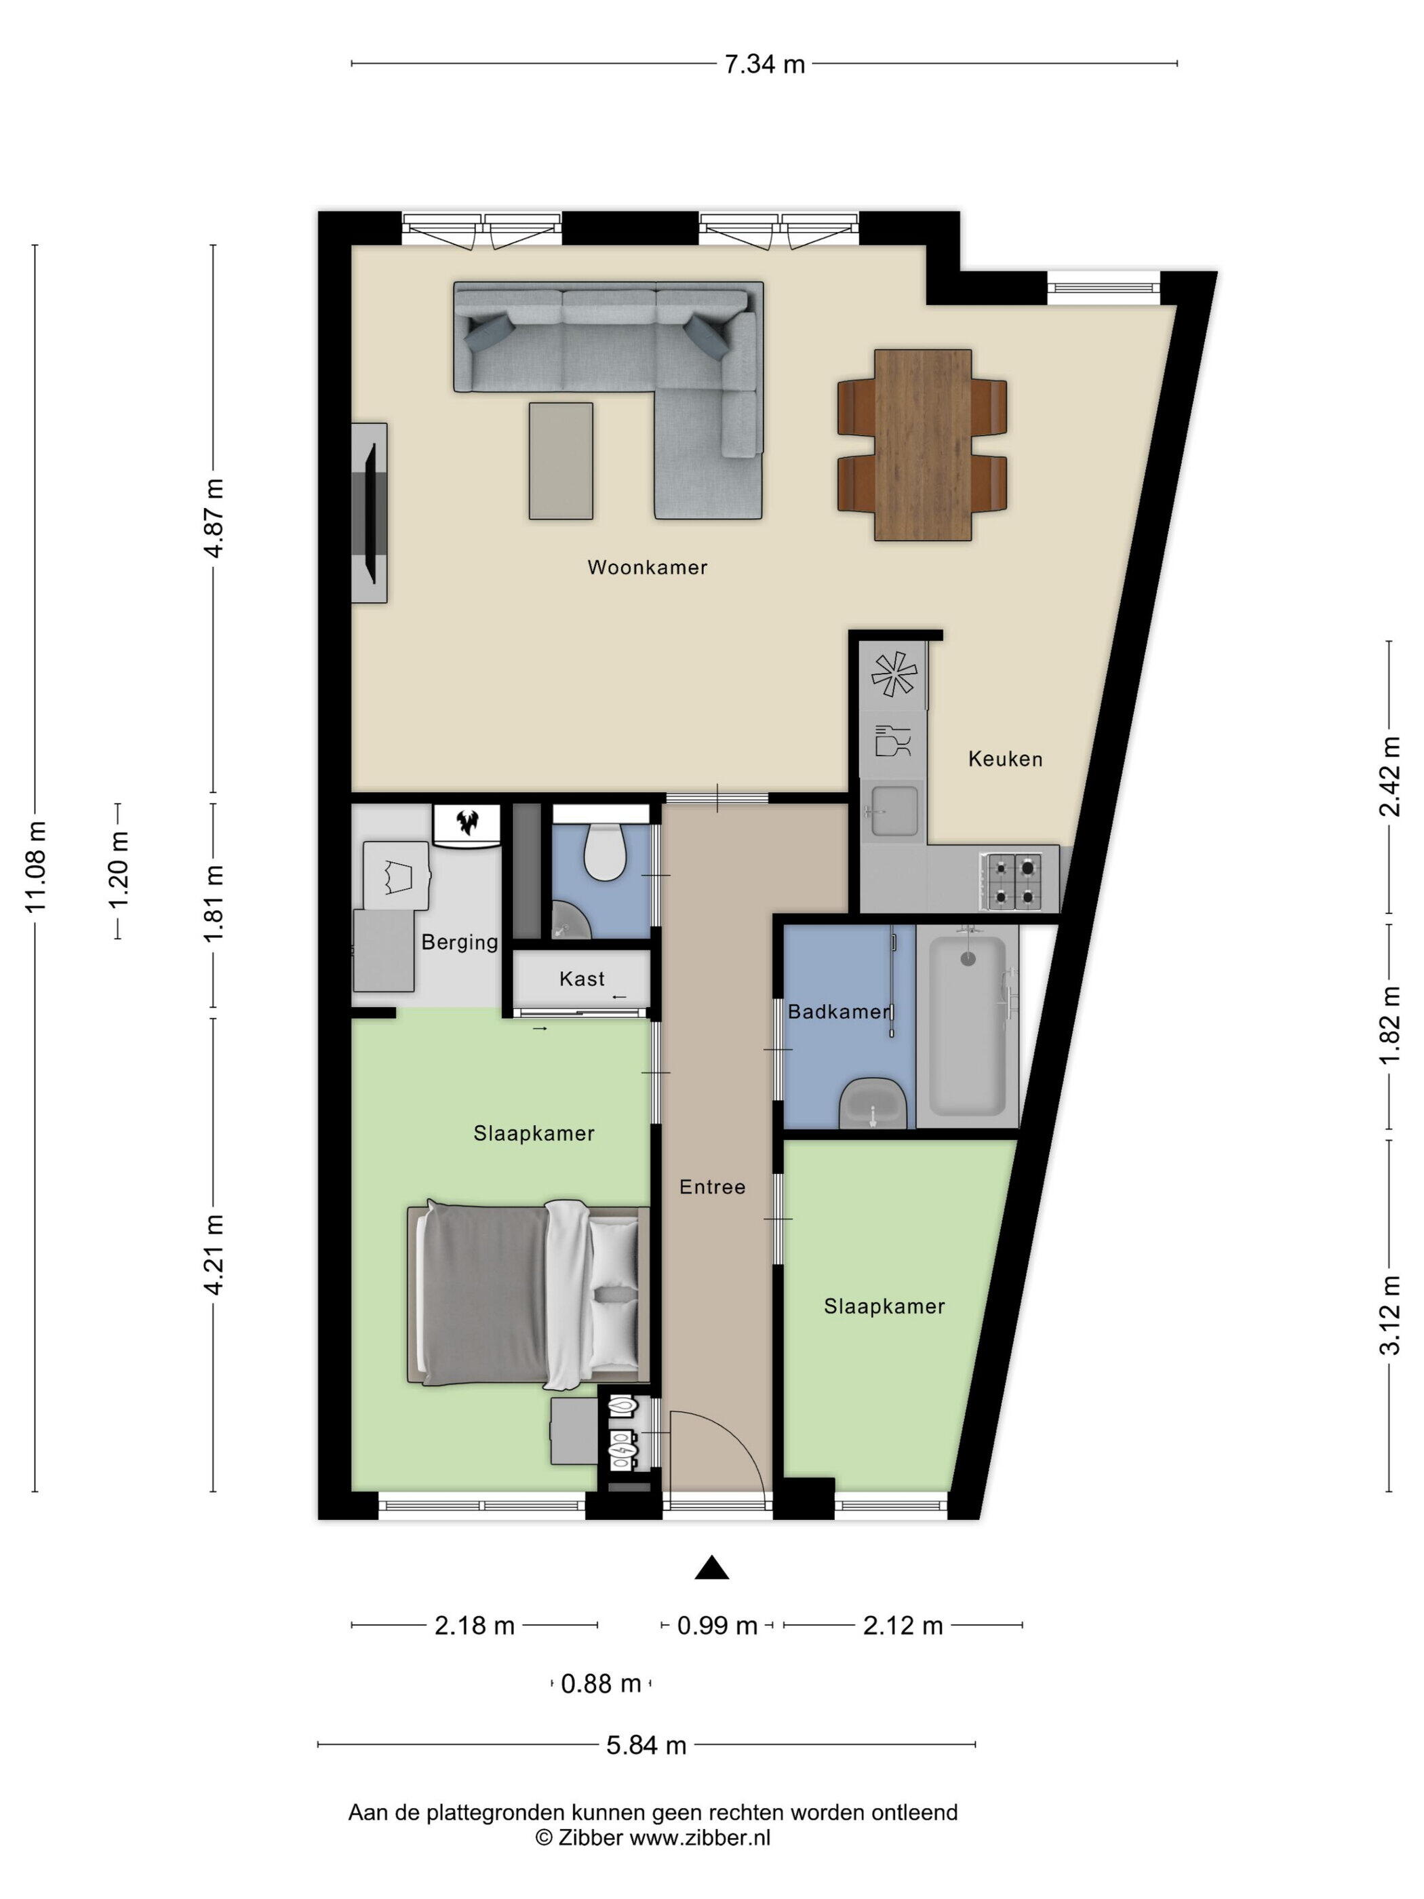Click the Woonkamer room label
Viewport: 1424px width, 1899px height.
point(647,568)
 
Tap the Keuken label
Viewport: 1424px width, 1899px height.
point(1005,759)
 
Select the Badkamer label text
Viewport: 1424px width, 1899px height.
point(839,1012)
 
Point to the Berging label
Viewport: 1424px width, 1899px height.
point(459,943)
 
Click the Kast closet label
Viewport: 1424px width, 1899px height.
point(582,979)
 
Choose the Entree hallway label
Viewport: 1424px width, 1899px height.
point(713,1188)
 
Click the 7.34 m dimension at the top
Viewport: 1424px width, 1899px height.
point(765,64)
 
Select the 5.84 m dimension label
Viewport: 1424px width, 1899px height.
point(646,1745)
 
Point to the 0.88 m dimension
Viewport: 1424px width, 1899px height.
point(601,1685)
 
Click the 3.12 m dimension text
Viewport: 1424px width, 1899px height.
point(1389,1314)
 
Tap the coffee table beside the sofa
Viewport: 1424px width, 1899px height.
point(561,461)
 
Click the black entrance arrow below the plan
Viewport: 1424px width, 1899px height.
point(711,1569)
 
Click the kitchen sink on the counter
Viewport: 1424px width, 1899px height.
point(892,810)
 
